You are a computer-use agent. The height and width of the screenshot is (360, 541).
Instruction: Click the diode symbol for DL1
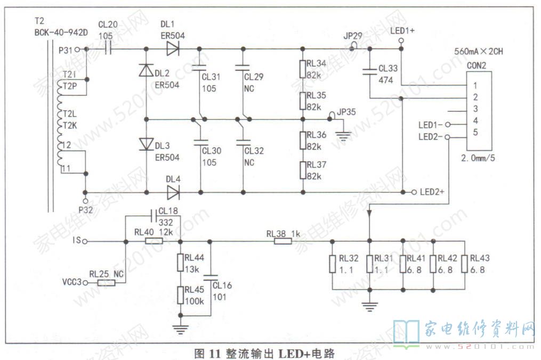click(x=172, y=49)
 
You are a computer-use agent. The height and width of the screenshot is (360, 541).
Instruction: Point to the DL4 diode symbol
click(x=172, y=192)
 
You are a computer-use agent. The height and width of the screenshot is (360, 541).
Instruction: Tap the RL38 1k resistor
click(x=282, y=241)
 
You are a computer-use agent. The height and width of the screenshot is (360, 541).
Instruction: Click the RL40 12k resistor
click(x=154, y=241)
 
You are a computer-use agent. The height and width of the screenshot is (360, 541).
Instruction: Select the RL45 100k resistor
click(x=180, y=295)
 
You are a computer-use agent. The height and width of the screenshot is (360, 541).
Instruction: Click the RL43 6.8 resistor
click(x=465, y=265)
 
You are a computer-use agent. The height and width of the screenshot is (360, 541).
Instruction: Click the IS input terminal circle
click(x=85, y=241)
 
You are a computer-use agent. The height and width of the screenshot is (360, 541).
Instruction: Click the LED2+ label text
click(x=432, y=192)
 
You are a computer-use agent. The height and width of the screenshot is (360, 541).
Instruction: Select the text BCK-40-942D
click(x=53, y=31)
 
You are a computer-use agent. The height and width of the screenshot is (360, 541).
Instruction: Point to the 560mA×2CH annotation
click(x=479, y=53)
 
